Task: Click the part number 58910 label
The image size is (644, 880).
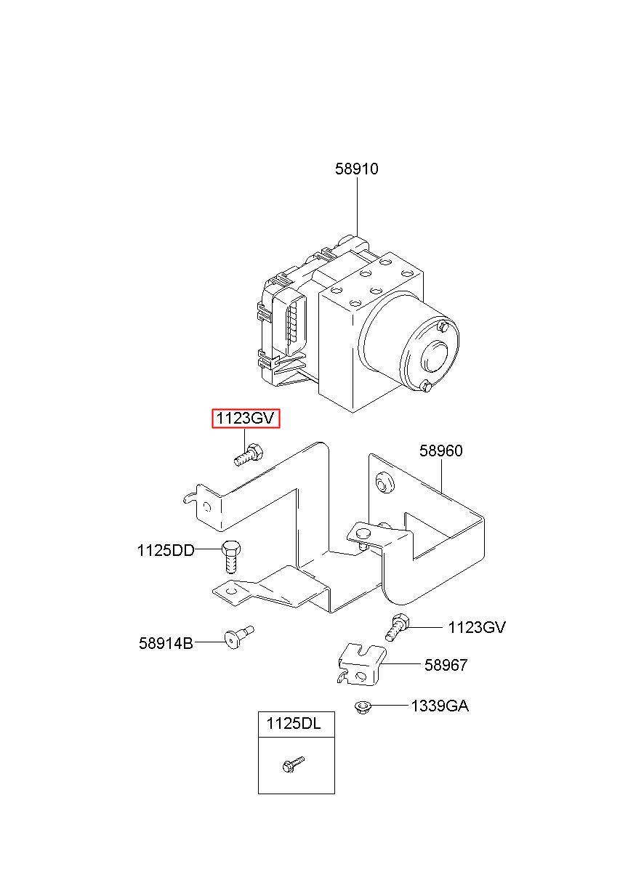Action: point(356,169)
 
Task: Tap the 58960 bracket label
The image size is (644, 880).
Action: point(440,451)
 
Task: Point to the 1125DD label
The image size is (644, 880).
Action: point(166,551)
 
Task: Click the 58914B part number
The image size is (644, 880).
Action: point(166,643)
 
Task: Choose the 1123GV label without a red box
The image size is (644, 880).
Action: point(477,627)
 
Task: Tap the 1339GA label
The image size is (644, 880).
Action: point(439,706)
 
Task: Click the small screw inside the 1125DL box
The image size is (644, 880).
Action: point(293,764)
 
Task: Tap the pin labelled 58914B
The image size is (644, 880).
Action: point(237,637)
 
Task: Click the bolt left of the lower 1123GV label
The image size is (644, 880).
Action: point(397,626)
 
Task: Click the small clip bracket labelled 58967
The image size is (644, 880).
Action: point(360,666)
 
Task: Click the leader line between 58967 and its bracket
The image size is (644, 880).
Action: point(402,664)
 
